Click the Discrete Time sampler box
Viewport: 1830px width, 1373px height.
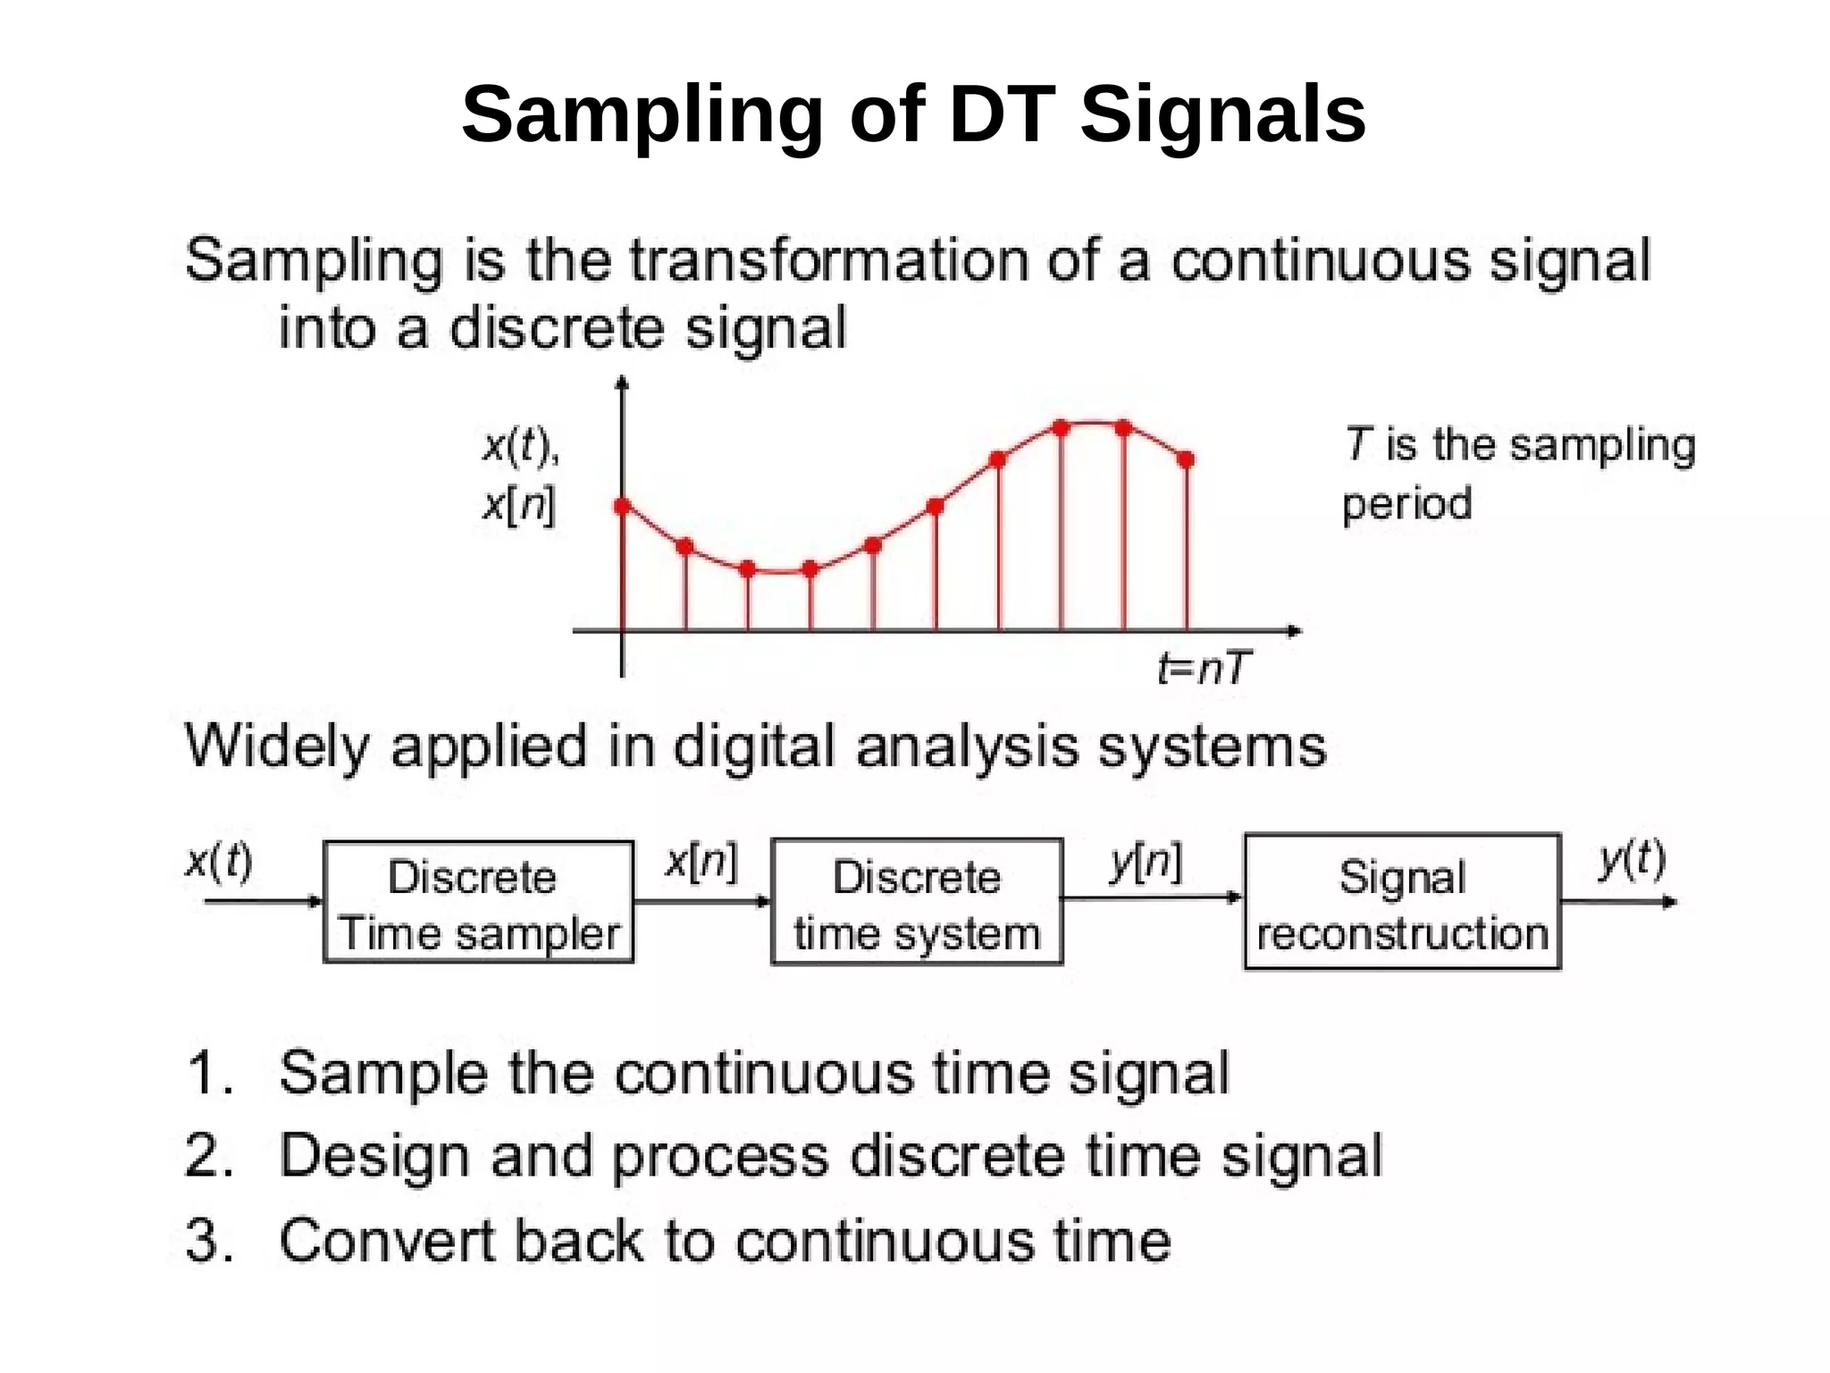point(478,903)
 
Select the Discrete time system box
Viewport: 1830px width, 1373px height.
point(917,903)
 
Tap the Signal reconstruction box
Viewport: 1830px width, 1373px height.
point(1402,903)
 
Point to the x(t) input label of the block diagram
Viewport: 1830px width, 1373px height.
point(219,861)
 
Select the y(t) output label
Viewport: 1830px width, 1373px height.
point(1632,859)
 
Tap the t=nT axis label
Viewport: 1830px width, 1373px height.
point(1204,668)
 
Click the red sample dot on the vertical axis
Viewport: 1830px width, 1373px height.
point(623,507)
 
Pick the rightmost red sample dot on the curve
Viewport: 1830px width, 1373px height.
point(1186,460)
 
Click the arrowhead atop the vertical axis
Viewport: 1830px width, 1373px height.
point(623,383)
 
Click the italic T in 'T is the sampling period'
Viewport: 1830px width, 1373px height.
point(1357,444)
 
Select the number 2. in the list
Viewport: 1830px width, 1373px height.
point(209,1155)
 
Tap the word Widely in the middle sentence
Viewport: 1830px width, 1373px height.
point(275,746)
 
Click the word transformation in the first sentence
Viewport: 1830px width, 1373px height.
point(829,261)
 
